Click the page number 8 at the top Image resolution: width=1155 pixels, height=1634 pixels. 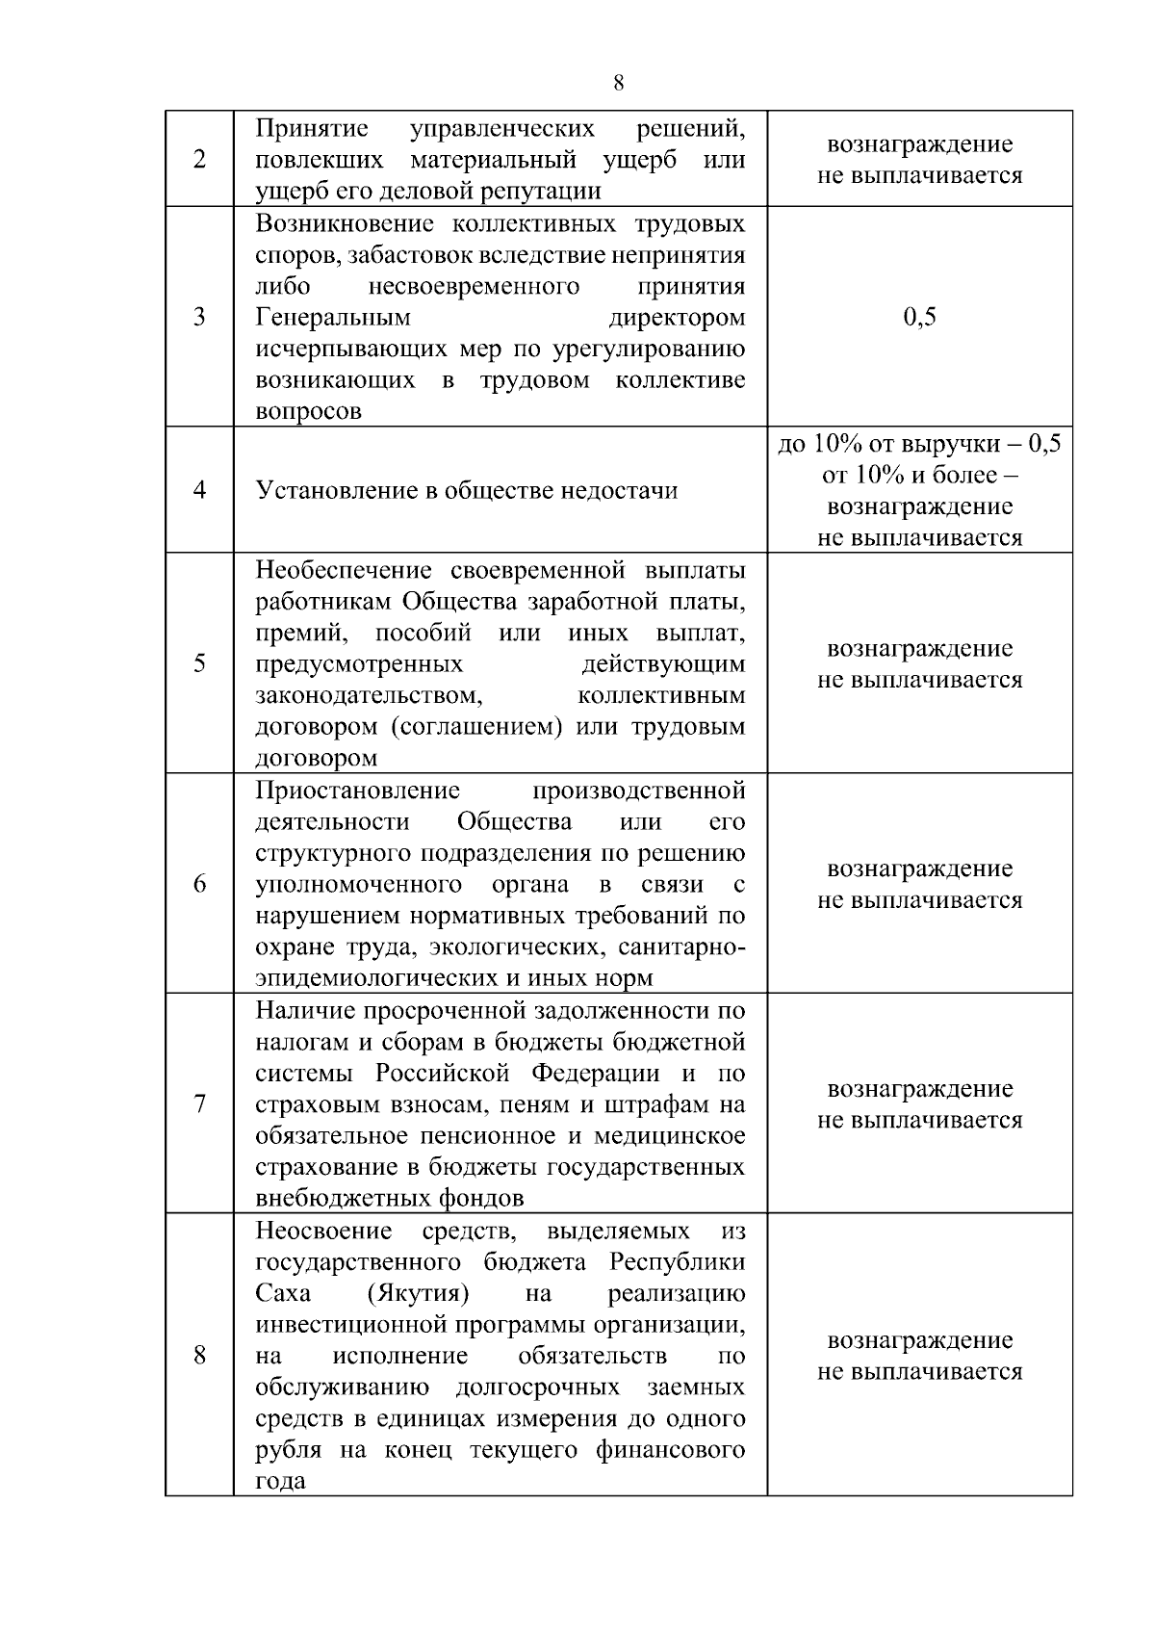(618, 83)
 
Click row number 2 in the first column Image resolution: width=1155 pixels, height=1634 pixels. (199, 159)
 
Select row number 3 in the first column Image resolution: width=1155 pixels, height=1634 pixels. (199, 317)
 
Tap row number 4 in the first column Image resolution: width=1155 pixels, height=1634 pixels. (199, 490)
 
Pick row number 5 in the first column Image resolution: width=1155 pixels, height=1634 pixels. (199, 663)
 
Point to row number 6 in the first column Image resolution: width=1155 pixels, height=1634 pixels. (199, 884)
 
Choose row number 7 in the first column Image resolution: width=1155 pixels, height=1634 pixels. (199, 1103)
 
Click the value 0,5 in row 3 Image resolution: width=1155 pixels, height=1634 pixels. (919, 317)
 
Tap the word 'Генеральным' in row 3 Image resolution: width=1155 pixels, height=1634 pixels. (333, 317)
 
